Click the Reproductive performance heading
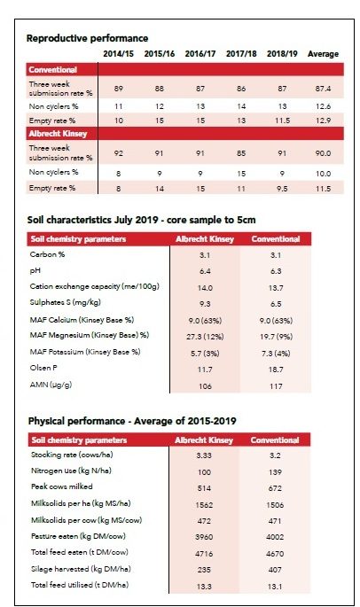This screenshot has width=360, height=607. point(87,38)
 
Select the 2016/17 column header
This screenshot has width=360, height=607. point(200,54)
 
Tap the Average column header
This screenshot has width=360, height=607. point(323,54)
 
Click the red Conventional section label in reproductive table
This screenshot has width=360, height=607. point(52,70)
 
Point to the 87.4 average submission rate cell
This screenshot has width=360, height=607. point(323,89)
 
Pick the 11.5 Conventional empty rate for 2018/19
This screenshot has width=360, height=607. point(282,121)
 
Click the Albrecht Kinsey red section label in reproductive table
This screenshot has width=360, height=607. point(58,134)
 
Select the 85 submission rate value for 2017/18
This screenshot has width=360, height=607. point(241,153)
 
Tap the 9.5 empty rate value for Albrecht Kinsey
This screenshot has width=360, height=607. point(282,189)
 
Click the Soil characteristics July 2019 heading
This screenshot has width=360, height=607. point(142,221)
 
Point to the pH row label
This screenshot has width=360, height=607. point(35,271)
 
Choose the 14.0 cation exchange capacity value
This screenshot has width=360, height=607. point(205,288)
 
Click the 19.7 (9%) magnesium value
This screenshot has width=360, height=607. point(276,337)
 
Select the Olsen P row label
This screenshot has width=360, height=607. point(43,368)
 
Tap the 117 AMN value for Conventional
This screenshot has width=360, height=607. point(276,386)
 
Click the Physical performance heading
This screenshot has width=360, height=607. point(132,421)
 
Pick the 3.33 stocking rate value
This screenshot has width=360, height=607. point(204,455)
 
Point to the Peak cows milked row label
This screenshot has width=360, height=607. point(61,486)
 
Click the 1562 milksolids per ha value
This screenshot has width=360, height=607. point(204,505)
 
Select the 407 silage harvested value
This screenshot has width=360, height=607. point(275,570)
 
